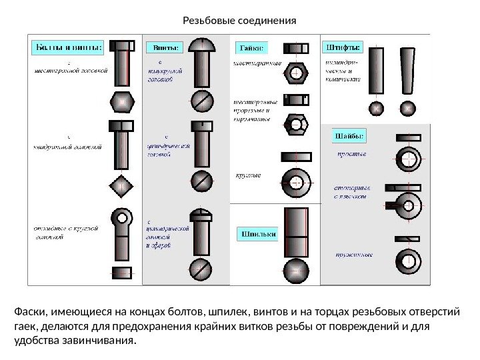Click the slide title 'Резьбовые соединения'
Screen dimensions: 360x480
tap(239, 19)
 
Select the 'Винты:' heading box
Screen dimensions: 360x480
tap(163, 47)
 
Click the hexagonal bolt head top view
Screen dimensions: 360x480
tap(121, 103)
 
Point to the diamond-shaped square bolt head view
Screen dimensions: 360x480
tap(121, 187)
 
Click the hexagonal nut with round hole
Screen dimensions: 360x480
tap(295, 71)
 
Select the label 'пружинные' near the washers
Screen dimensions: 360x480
tap(353, 255)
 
